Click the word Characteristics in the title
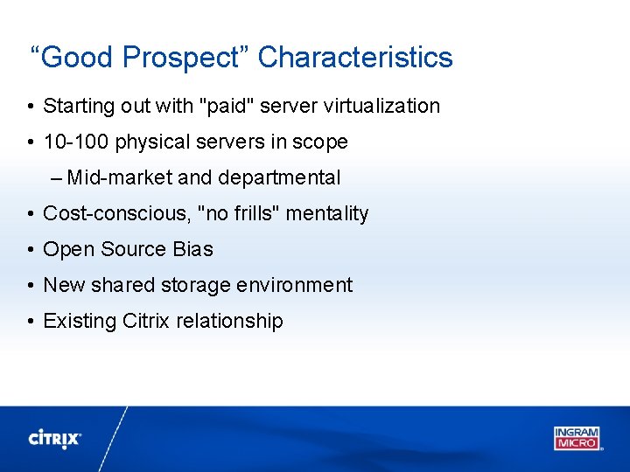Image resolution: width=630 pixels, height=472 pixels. click(x=355, y=58)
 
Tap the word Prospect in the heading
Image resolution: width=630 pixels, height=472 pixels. click(x=180, y=58)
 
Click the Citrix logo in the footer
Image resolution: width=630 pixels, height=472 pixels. click(x=55, y=438)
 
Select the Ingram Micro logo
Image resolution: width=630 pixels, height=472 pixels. click(x=577, y=438)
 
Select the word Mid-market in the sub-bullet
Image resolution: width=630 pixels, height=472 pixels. click(x=120, y=178)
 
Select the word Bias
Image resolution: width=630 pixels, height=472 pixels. click(x=192, y=250)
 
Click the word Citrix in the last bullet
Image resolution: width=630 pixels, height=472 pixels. click(x=146, y=322)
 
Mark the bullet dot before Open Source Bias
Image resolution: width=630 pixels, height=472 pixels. click(x=30, y=250)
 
